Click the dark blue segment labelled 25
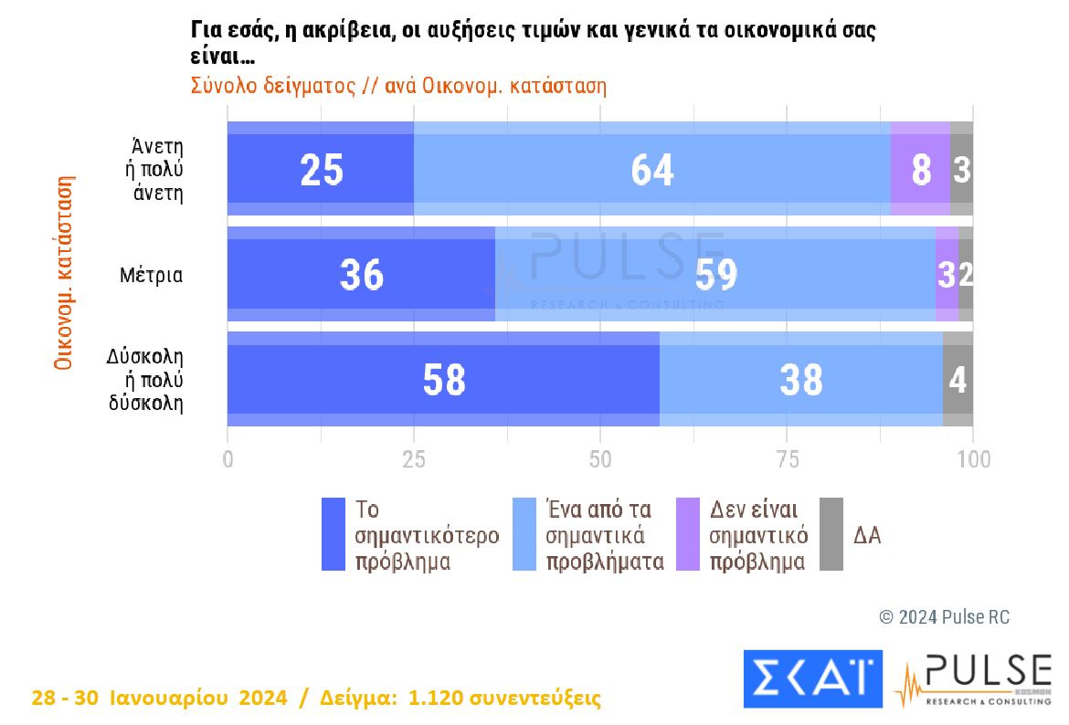[x=321, y=169]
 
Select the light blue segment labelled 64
[x=651, y=169]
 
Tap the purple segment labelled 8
[x=920, y=169]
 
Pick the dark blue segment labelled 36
[x=361, y=274]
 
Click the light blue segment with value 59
[x=714, y=274]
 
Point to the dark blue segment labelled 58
[x=443, y=379]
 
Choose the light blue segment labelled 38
[x=800, y=379]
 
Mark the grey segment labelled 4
[x=958, y=379]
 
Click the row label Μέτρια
[x=152, y=274]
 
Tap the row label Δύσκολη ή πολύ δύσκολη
[x=146, y=379]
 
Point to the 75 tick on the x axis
[x=787, y=458]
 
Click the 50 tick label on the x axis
[x=600, y=458]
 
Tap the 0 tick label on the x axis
[x=228, y=458]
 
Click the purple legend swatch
[x=687, y=534]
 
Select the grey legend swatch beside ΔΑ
[x=831, y=534]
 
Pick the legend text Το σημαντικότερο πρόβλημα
[x=426, y=535]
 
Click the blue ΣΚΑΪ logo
[x=813, y=678]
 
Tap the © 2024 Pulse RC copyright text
[x=944, y=617]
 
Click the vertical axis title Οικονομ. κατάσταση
[x=63, y=274]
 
